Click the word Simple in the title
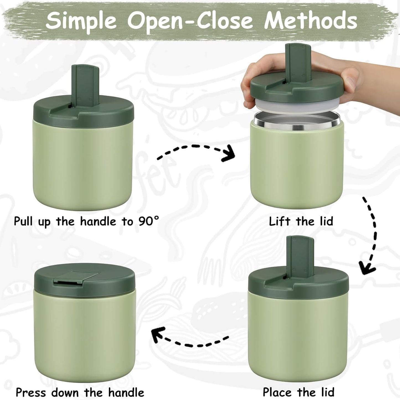pos(81,21)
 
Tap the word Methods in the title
pos(310,20)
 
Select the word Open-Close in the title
pos(190,20)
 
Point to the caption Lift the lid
pos(301,221)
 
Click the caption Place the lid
pos(298,392)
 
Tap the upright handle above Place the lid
pos(300,256)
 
